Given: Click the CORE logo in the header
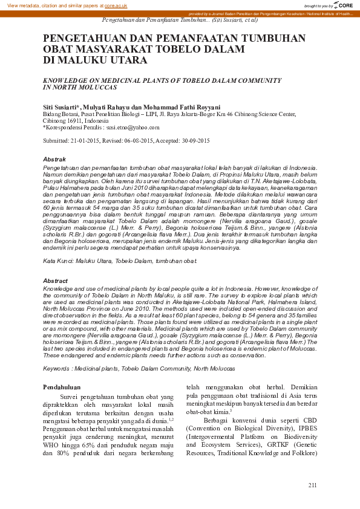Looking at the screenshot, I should tap(345, 5).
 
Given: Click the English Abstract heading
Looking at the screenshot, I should tap(56, 281).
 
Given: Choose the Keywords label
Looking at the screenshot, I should tap(57, 368).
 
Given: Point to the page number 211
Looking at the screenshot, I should tap(312, 485).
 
